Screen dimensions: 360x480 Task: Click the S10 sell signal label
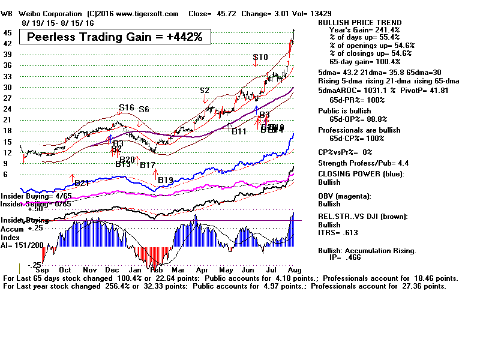point(260,58)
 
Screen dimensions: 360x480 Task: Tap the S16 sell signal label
point(127,108)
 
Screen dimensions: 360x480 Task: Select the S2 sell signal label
point(205,91)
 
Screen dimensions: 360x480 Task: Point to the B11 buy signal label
point(239,131)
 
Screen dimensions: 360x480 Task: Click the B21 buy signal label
point(82,183)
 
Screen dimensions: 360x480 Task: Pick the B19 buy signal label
point(166,179)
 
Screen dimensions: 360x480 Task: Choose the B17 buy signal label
point(148,164)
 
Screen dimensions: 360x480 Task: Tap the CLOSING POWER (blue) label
point(361,174)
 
